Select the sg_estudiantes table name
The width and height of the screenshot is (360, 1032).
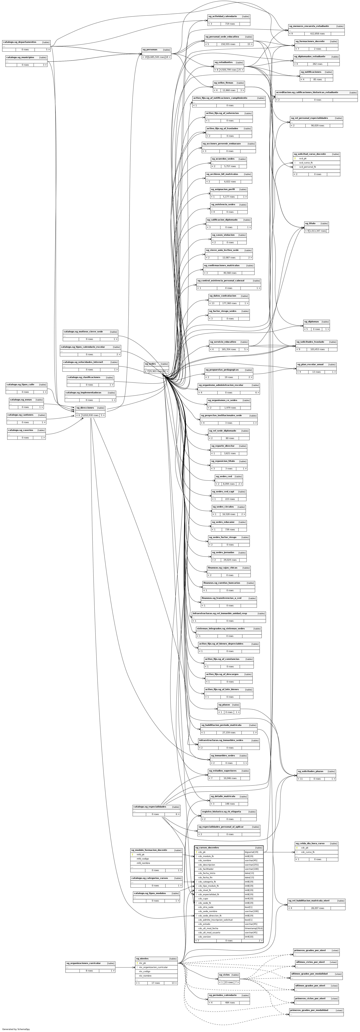pos(223,63)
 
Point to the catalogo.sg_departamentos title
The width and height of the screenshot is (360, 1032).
pos(20,42)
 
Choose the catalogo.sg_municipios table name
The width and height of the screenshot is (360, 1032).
pos(20,57)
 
